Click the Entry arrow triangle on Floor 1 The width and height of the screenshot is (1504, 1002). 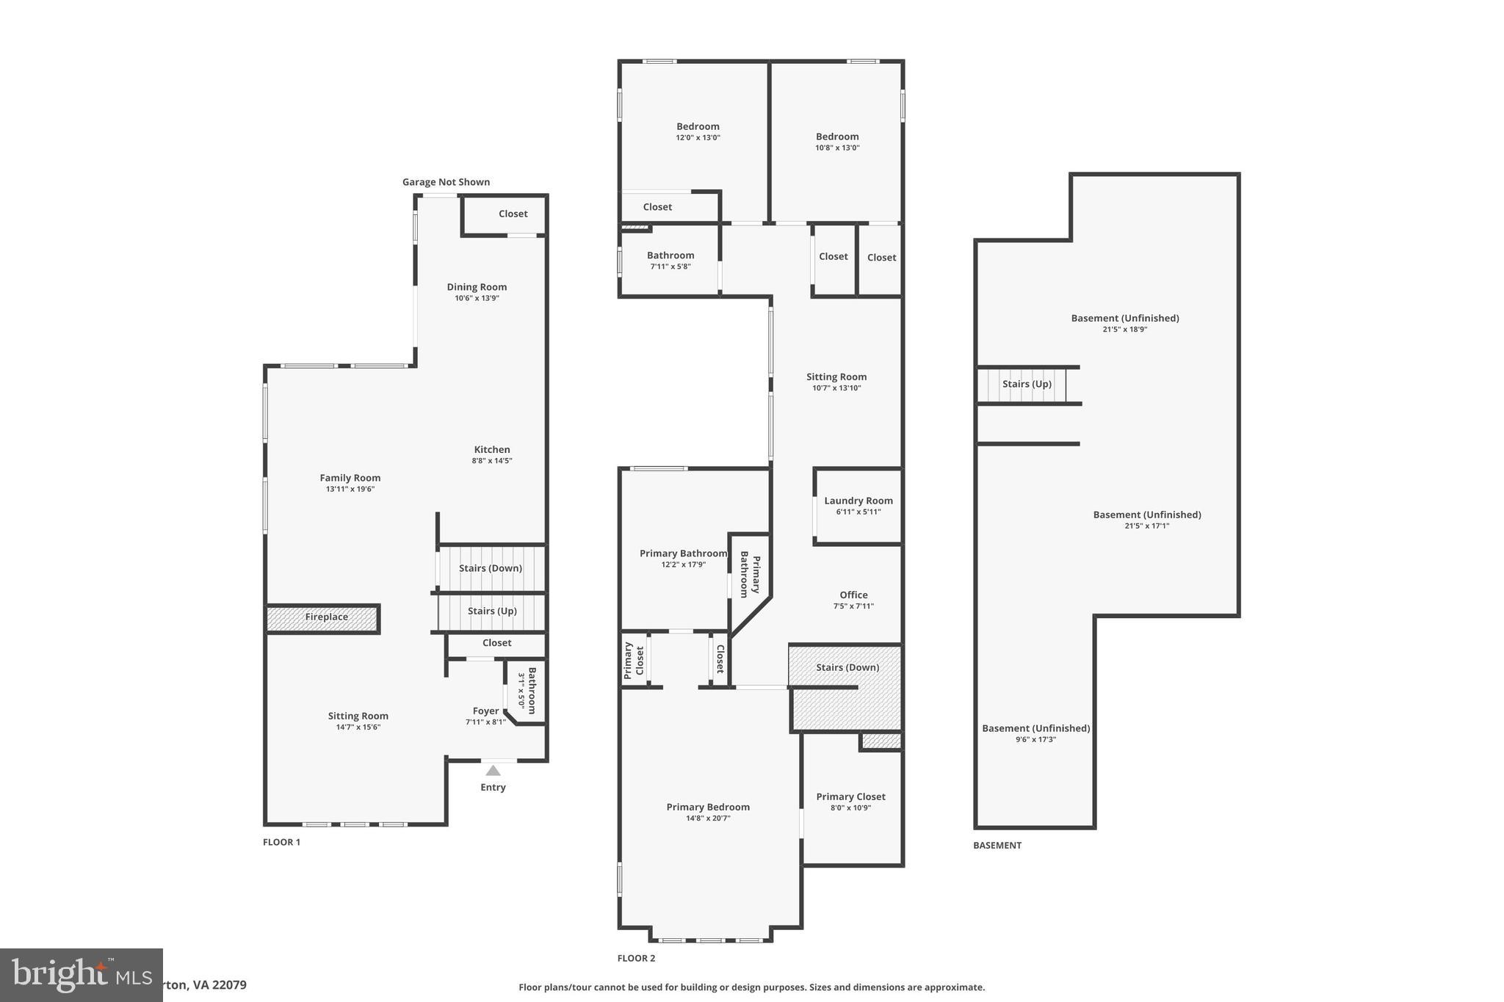coord(493,771)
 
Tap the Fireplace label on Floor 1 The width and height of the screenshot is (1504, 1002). coord(326,617)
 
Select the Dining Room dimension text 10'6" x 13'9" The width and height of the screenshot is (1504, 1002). coord(477,298)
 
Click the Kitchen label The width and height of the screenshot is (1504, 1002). coord(491,449)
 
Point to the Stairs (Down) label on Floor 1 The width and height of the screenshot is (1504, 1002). coord(490,567)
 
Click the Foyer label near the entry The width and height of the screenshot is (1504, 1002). coord(485,711)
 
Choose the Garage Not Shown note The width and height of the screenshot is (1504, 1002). coord(446,182)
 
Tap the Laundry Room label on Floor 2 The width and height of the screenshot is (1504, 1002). coord(858,501)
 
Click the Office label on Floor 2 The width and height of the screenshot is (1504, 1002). coord(853,595)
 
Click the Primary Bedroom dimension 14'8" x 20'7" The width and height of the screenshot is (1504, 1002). coord(708,818)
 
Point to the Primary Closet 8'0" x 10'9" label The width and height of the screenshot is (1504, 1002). coord(850,802)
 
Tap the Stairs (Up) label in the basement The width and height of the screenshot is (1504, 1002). coord(1027,384)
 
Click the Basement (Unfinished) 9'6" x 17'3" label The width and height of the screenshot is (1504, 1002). coord(1035,733)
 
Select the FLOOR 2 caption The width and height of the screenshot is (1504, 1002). coord(636,958)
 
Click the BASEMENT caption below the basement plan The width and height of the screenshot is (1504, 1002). coord(997,845)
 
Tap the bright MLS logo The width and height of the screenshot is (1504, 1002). coord(81,975)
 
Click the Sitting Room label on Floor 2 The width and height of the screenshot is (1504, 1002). coord(836,377)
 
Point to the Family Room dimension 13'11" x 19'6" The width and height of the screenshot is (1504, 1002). coord(350,489)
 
